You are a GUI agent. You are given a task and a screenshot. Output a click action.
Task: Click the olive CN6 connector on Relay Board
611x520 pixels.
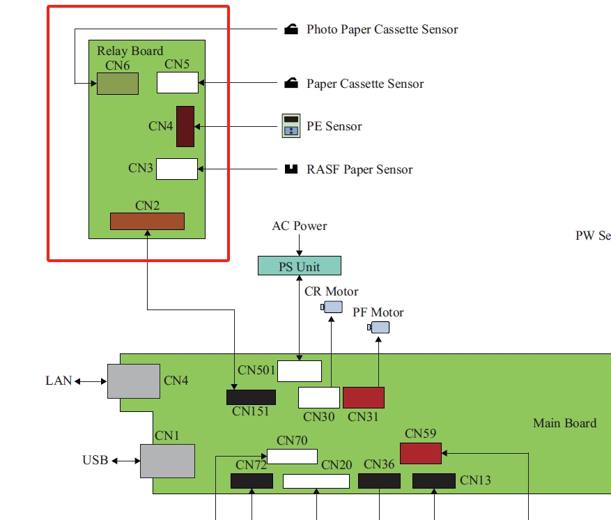(x=117, y=84)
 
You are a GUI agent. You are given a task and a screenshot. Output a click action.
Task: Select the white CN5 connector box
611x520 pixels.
(x=178, y=82)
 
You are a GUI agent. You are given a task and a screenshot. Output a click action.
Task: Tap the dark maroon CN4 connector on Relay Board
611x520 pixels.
(x=185, y=126)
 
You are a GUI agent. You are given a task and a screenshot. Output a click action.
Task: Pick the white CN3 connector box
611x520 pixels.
(x=177, y=169)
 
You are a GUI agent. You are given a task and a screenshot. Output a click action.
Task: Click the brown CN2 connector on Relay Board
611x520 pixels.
(x=147, y=221)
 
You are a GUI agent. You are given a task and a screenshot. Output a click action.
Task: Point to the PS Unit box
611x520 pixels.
(x=300, y=266)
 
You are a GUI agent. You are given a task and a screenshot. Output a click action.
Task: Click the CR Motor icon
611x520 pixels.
(x=332, y=307)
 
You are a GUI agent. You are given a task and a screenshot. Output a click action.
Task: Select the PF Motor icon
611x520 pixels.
(x=379, y=328)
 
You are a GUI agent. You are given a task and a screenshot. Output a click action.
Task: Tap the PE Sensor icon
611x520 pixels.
(x=290, y=126)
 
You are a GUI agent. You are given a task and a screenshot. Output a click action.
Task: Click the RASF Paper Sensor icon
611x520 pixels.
(x=291, y=169)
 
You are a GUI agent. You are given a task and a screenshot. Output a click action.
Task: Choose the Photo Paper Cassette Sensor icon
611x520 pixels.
(x=291, y=29)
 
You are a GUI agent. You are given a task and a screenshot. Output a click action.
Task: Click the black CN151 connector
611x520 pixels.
(x=251, y=397)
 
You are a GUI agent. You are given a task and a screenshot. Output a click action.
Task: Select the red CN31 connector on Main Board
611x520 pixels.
(x=364, y=397)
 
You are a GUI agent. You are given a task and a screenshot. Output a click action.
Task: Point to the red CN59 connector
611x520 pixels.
(x=421, y=453)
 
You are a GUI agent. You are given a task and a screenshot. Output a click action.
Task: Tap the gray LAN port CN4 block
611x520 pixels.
(x=134, y=381)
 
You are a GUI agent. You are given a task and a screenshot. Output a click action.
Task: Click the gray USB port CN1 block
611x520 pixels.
(x=167, y=461)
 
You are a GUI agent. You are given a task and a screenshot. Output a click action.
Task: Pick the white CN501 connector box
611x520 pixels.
(x=300, y=371)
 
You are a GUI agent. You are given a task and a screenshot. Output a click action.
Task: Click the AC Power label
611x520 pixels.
(x=300, y=226)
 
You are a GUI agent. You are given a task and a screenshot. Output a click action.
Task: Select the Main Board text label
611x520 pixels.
(x=564, y=423)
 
